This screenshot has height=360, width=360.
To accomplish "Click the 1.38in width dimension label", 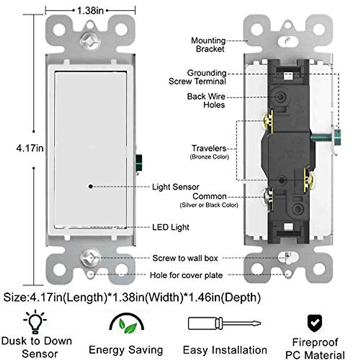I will [x=90, y=11].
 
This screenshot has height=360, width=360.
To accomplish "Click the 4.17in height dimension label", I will [x=30, y=148].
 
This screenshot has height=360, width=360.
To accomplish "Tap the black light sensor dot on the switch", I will [x=91, y=186].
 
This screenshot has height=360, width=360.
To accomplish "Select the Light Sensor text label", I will [x=175, y=187].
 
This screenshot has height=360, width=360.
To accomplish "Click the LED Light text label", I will [x=171, y=227].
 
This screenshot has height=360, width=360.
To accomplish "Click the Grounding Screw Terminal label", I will [x=197, y=77].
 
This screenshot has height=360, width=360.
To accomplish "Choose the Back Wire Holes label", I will [x=206, y=100].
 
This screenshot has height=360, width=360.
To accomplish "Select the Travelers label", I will [x=209, y=148].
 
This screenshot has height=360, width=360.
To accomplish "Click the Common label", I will [x=209, y=196].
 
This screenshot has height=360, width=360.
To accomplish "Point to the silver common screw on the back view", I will [x=268, y=197].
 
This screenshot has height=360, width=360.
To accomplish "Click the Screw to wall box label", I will [x=185, y=258].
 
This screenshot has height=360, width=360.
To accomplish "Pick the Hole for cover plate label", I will [x=186, y=275].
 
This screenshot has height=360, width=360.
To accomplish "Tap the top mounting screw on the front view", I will [x=90, y=40].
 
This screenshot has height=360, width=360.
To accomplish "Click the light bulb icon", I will [x=35, y=322].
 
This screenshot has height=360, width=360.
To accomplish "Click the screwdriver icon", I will [x=224, y=323].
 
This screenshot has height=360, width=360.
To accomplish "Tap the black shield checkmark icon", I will [x=315, y=323].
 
